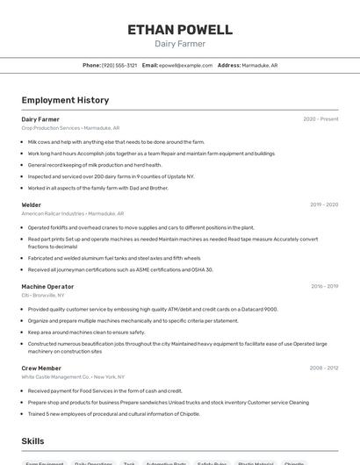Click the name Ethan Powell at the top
180,29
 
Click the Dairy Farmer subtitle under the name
180,44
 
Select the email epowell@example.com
185,65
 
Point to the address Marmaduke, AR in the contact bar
259,65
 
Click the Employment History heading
65,100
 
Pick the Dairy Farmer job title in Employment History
40,119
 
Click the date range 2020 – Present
320,119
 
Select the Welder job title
32,205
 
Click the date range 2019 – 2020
324,205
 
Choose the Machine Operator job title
47,286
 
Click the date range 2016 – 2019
324,286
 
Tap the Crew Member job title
41,368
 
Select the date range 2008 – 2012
324,368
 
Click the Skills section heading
32,441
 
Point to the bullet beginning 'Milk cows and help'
116,141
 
